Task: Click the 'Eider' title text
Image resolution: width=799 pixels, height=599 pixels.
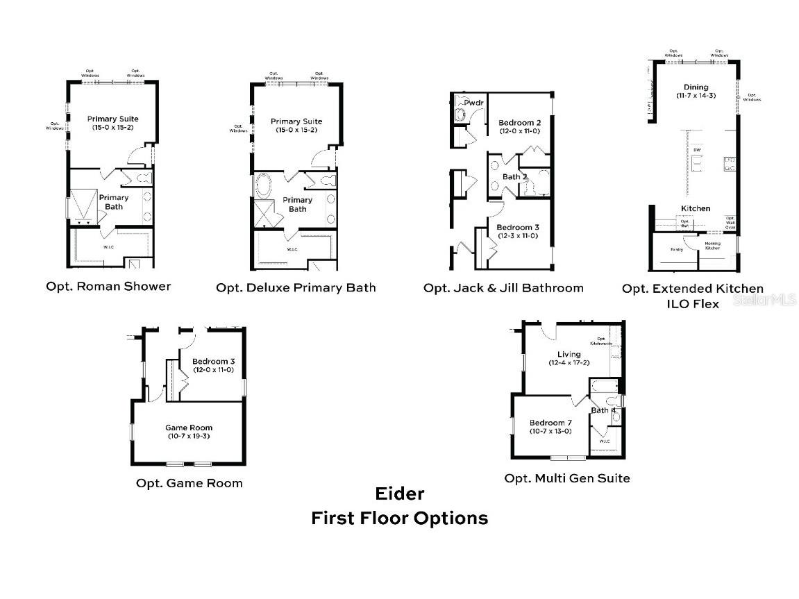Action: [399, 493]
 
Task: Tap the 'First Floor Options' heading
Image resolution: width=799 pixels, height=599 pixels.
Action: [399, 518]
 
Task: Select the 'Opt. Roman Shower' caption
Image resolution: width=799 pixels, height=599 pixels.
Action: [108, 286]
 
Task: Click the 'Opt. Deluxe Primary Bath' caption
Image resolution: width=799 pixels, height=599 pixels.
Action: [296, 287]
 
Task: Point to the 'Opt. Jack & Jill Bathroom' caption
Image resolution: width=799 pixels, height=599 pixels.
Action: [503, 287]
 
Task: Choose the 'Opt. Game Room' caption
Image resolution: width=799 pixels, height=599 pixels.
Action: [190, 483]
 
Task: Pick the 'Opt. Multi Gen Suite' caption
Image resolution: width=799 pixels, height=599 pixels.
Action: [567, 478]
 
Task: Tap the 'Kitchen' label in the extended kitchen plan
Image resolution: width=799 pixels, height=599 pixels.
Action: [695, 208]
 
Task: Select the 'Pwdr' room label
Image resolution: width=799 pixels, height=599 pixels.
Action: [473, 103]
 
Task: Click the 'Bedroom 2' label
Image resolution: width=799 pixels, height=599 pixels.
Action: [519, 122]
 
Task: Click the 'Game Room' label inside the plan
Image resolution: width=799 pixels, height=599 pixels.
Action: [189, 428]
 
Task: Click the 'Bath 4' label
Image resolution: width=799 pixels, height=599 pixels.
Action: [603, 410]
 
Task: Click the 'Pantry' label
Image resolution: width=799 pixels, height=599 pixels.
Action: [677, 249]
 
